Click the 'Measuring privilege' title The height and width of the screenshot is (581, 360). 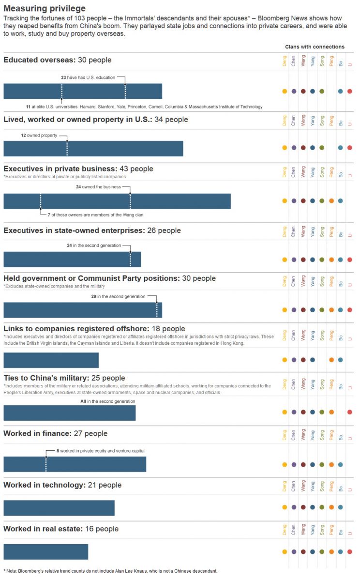[45, 9]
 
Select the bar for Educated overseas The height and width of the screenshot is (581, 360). [83, 91]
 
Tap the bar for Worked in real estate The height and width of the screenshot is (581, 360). [46, 552]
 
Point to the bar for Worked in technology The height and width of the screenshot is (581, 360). [59, 508]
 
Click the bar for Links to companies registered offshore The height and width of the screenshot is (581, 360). [51, 360]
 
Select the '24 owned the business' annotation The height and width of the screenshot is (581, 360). [98, 187]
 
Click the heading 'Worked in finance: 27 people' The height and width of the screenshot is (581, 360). [56, 433]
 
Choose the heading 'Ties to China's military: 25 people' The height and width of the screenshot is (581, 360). [64, 378]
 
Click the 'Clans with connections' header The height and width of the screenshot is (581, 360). [315, 47]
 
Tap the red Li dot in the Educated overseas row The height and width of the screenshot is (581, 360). [350, 91]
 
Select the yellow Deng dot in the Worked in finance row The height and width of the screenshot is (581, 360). [285, 465]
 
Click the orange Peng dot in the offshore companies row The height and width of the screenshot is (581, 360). [331, 360]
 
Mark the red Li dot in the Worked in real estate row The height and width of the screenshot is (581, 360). [350, 551]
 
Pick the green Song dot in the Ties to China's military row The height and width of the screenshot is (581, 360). [322, 412]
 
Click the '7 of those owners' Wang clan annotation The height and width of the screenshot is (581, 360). [94, 214]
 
